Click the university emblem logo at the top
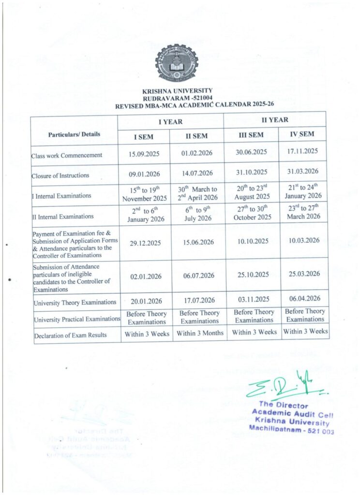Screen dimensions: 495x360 pyautogui.click(x=177, y=62)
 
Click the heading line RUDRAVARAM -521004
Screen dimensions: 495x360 pyautogui.click(x=178, y=97)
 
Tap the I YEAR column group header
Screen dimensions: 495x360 pyautogui.click(x=171, y=122)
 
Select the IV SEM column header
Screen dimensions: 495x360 pyautogui.click(x=302, y=134)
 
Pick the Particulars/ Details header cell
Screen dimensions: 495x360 pyautogui.click(x=75, y=134)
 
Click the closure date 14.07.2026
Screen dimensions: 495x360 pyautogui.click(x=196, y=173)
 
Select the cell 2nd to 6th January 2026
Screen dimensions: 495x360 pyautogui.click(x=145, y=215)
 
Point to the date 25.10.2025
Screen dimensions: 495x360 pyautogui.click(x=253, y=275)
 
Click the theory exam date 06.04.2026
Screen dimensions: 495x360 pyautogui.click(x=304, y=300)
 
